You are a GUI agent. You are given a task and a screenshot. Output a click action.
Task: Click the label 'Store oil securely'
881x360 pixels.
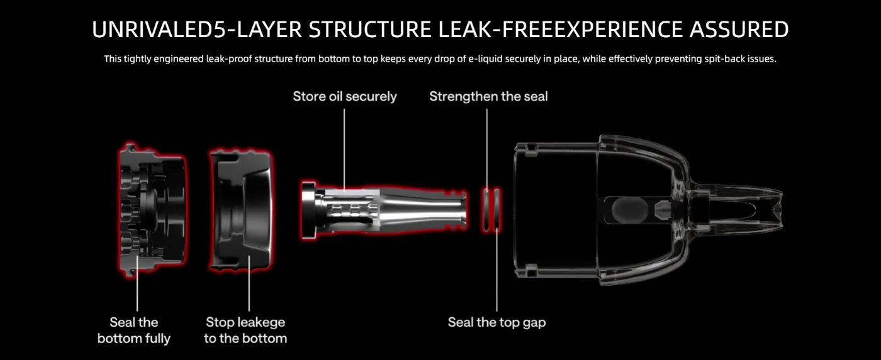(344, 96)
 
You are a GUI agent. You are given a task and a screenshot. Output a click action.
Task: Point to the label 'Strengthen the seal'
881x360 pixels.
(488, 96)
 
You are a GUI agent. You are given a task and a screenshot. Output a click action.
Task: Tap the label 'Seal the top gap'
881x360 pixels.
(497, 322)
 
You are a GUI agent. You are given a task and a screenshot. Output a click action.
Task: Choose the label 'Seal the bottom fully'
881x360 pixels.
(133, 330)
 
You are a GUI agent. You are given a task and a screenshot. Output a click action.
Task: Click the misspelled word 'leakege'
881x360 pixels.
(261, 322)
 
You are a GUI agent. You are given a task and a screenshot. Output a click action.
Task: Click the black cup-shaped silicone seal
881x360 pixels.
(244, 208)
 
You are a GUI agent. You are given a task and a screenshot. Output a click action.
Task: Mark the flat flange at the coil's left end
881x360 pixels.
(308, 208)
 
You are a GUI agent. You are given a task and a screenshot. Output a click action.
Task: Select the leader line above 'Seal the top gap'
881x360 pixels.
(497, 271)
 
